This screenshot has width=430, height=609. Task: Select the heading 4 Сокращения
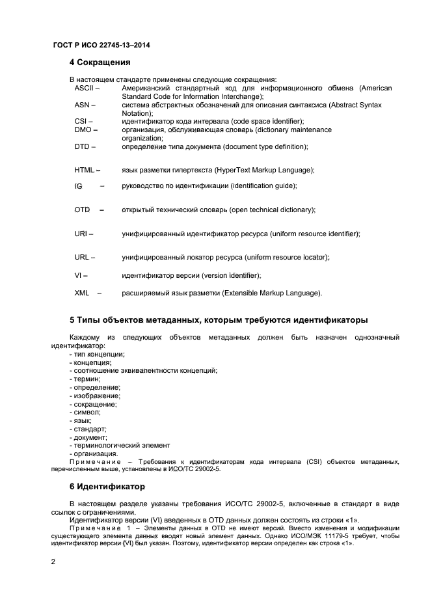point(100,63)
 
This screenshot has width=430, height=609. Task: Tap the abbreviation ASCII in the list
point(83,88)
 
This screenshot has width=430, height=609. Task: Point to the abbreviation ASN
point(82,105)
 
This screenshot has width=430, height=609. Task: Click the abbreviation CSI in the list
point(81,121)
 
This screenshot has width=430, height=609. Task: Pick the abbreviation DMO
point(83,129)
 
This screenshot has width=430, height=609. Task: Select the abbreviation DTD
point(82,146)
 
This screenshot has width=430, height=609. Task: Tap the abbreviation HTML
point(85,170)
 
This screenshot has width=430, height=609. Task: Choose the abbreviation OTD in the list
point(82,210)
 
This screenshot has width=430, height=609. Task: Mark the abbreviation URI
point(81,233)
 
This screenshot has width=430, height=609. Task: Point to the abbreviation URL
point(82,257)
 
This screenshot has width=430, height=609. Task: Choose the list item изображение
point(96,396)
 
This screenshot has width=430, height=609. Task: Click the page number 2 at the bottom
point(54,561)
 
